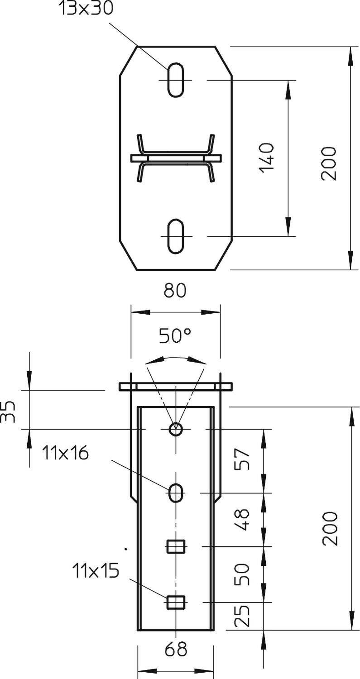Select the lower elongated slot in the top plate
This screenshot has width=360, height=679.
click(176, 236)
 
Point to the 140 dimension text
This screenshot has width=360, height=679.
click(267, 157)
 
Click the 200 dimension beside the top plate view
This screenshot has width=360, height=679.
click(329, 163)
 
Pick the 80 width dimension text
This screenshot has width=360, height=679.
click(175, 291)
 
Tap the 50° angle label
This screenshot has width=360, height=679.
click(175, 336)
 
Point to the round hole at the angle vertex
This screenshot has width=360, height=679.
click(176, 429)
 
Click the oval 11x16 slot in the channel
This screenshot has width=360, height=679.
click(176, 493)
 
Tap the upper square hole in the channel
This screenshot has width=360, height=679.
click(176, 547)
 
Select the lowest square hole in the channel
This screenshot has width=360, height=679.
click(176, 602)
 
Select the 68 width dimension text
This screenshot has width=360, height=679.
click(176, 650)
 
